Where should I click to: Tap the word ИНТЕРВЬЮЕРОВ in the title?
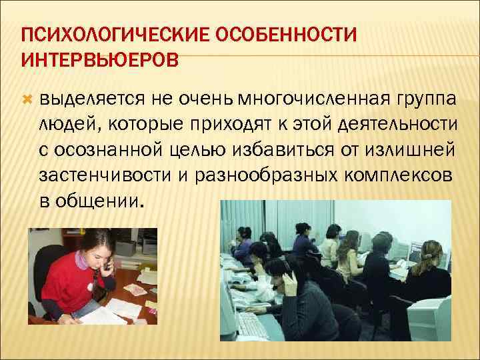(x=100, y=61)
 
